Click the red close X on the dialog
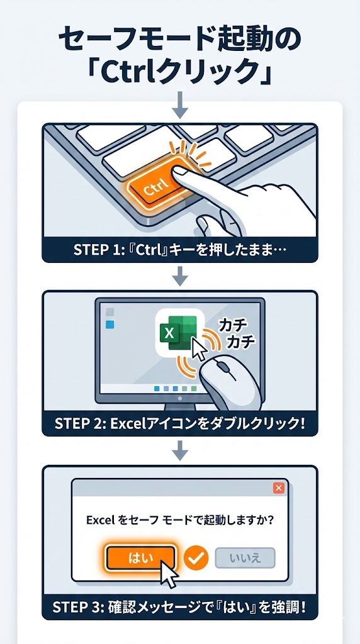279,488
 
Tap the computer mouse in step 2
232,383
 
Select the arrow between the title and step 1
180,105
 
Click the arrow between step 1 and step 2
180,275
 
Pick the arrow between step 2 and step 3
180,449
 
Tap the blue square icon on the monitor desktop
111,325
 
